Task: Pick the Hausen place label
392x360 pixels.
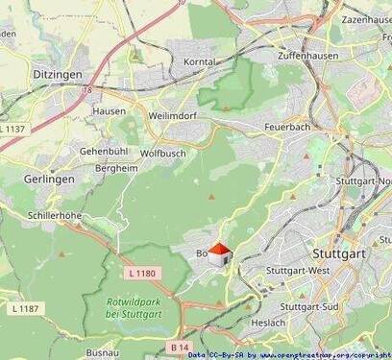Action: click(108, 111)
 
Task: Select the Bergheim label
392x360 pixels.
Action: click(116, 167)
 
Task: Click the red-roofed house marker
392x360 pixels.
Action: click(219, 254)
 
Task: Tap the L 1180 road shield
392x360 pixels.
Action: click(141, 274)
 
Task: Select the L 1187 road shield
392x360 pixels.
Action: click(27, 308)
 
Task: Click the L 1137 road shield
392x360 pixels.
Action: click(15, 129)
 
